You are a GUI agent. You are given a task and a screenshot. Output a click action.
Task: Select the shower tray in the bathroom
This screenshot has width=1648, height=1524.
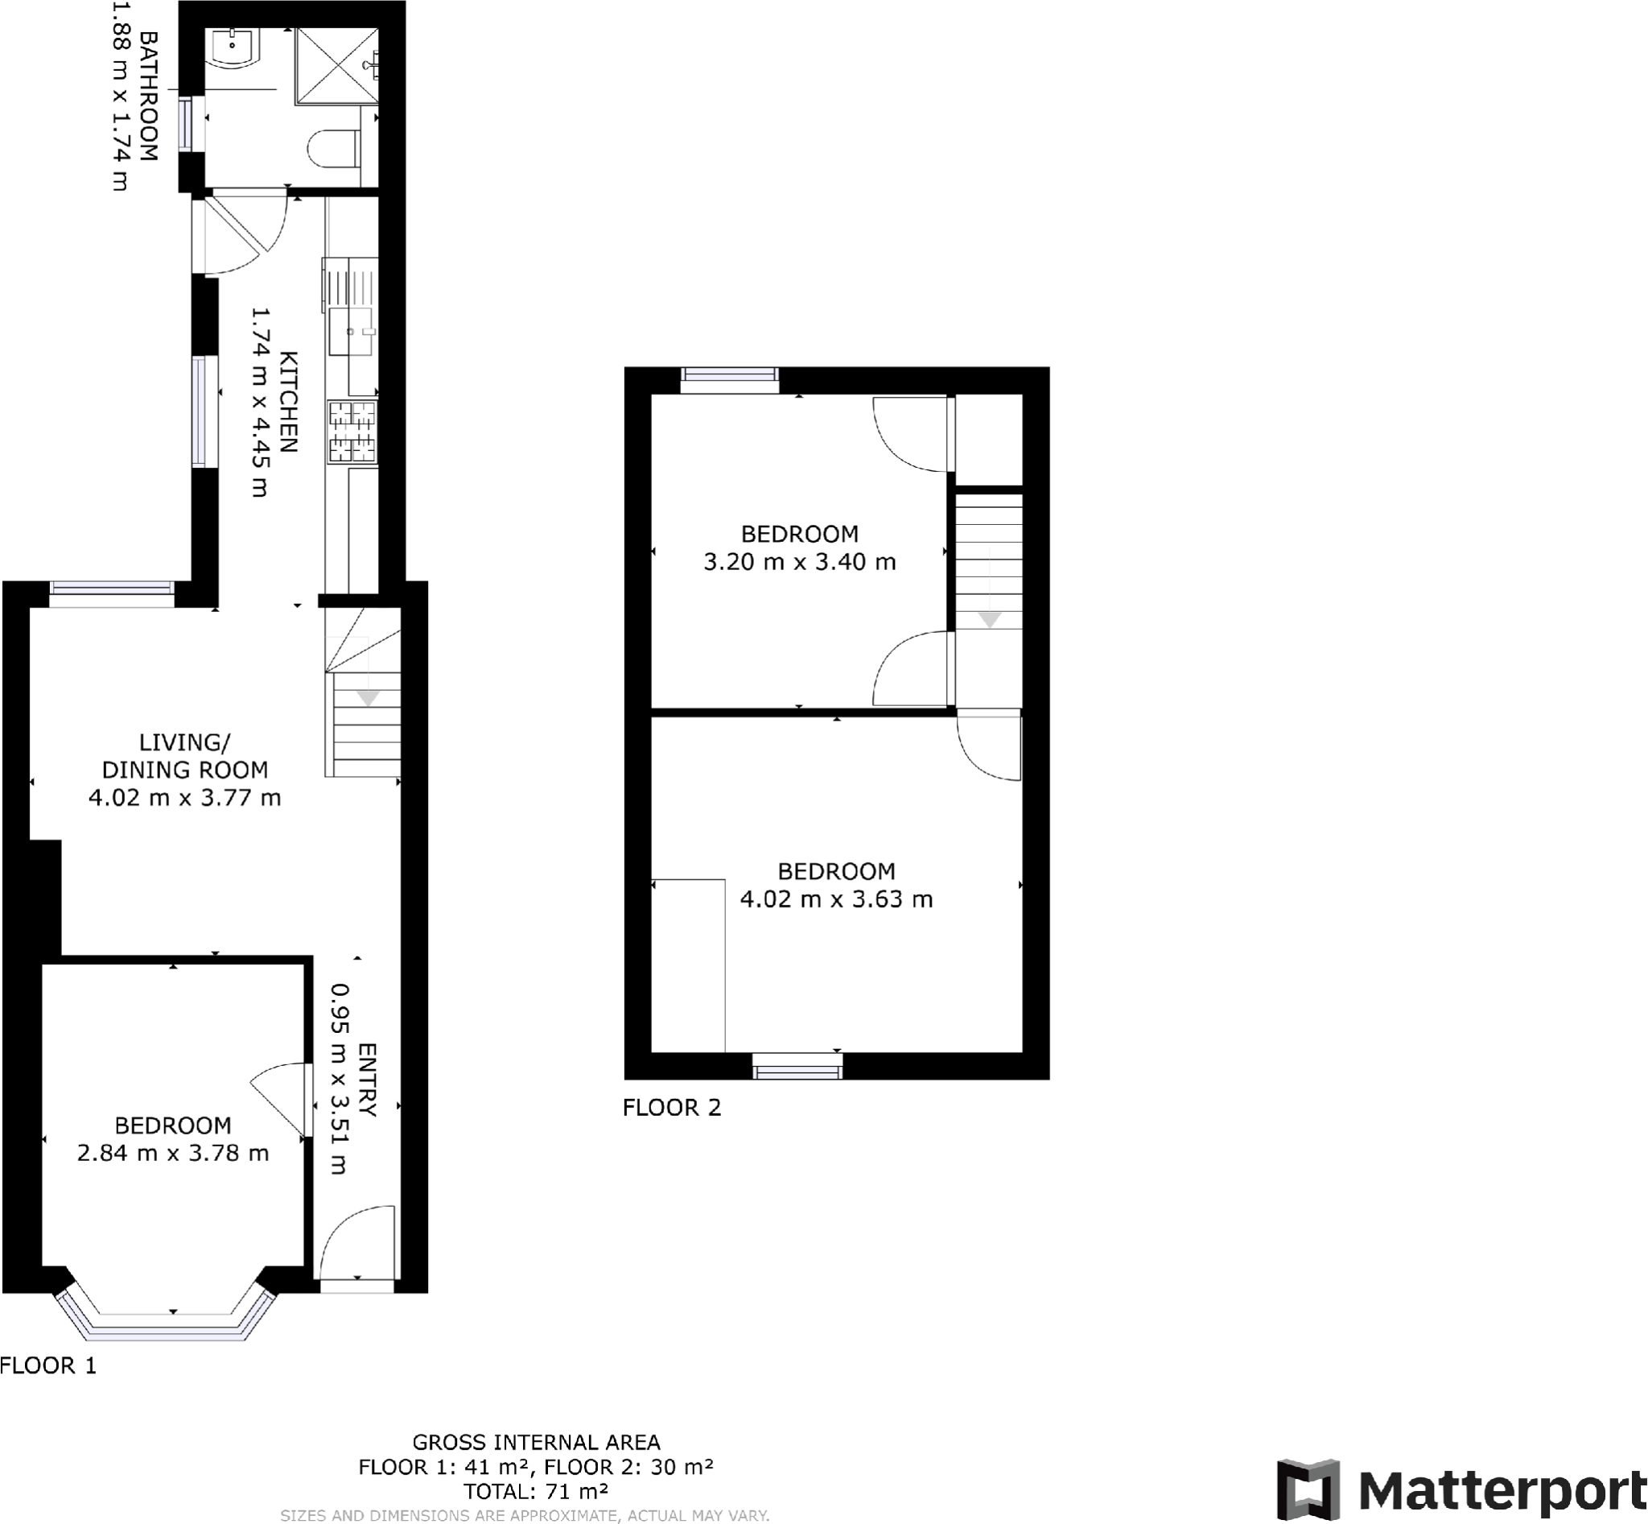(336, 66)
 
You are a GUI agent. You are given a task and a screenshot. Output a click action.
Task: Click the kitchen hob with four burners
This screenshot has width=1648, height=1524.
(352, 431)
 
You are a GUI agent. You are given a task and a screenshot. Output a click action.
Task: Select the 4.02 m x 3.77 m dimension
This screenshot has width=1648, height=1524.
(184, 798)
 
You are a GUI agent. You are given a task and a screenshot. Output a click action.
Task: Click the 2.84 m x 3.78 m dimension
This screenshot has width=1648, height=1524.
(173, 1153)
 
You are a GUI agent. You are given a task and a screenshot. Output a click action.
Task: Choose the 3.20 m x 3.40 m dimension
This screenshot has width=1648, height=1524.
(799, 562)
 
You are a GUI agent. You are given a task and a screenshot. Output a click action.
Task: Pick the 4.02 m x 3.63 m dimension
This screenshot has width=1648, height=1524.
(836, 899)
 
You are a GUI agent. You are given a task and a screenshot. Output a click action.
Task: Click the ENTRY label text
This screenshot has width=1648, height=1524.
(367, 1080)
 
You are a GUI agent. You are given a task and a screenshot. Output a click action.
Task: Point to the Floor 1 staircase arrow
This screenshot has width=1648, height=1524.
(368, 699)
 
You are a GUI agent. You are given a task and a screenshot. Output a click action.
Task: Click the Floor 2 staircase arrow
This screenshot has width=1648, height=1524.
(989, 619)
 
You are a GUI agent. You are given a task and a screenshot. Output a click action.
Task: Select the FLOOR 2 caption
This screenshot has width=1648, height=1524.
(672, 1108)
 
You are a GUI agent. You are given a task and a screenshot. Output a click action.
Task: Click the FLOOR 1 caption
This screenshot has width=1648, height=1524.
(48, 1365)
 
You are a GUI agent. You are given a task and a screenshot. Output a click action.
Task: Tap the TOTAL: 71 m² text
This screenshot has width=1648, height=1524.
(536, 1491)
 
